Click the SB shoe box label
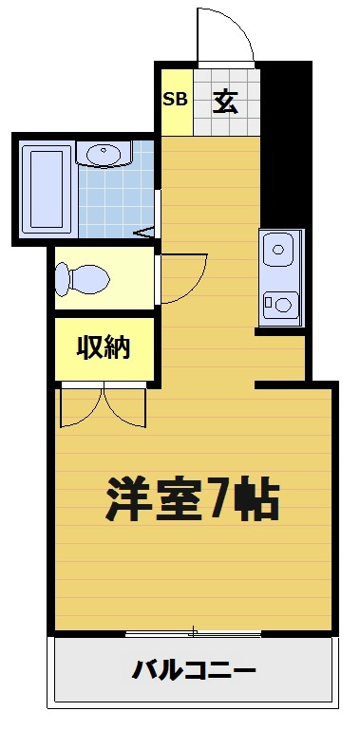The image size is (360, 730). coord(175,99)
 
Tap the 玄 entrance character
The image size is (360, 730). coord(225,100)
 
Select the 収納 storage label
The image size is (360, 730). coord(103,349)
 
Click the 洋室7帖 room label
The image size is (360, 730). coord(191,498)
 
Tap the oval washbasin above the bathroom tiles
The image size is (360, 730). coord(102,154)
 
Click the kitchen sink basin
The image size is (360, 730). coord(278,252)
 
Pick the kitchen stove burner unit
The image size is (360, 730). coord(280,304)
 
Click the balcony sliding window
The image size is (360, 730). coord(193,632)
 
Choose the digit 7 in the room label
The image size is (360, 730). coord(219,498)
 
